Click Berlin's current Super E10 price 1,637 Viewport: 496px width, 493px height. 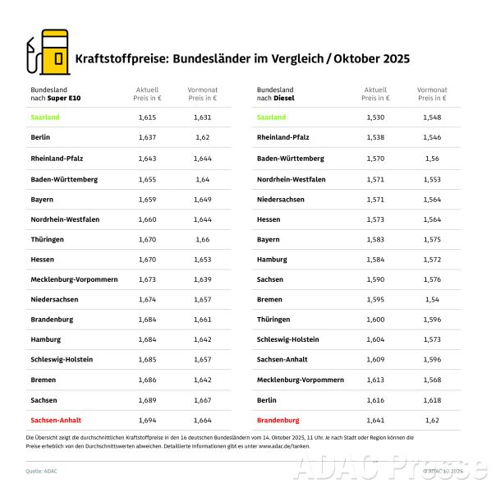point(147,137)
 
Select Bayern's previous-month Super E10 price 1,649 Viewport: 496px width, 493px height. point(201,198)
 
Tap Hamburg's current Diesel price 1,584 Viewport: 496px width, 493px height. point(374,259)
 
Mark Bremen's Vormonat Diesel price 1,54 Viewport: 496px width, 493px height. point(431,299)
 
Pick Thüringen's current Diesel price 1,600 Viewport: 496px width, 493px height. point(374,319)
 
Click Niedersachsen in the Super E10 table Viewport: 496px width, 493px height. point(54,299)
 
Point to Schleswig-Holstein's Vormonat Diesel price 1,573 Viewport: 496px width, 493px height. point(431,339)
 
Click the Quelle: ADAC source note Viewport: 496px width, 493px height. point(42,471)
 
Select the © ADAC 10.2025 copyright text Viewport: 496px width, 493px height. point(443,471)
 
